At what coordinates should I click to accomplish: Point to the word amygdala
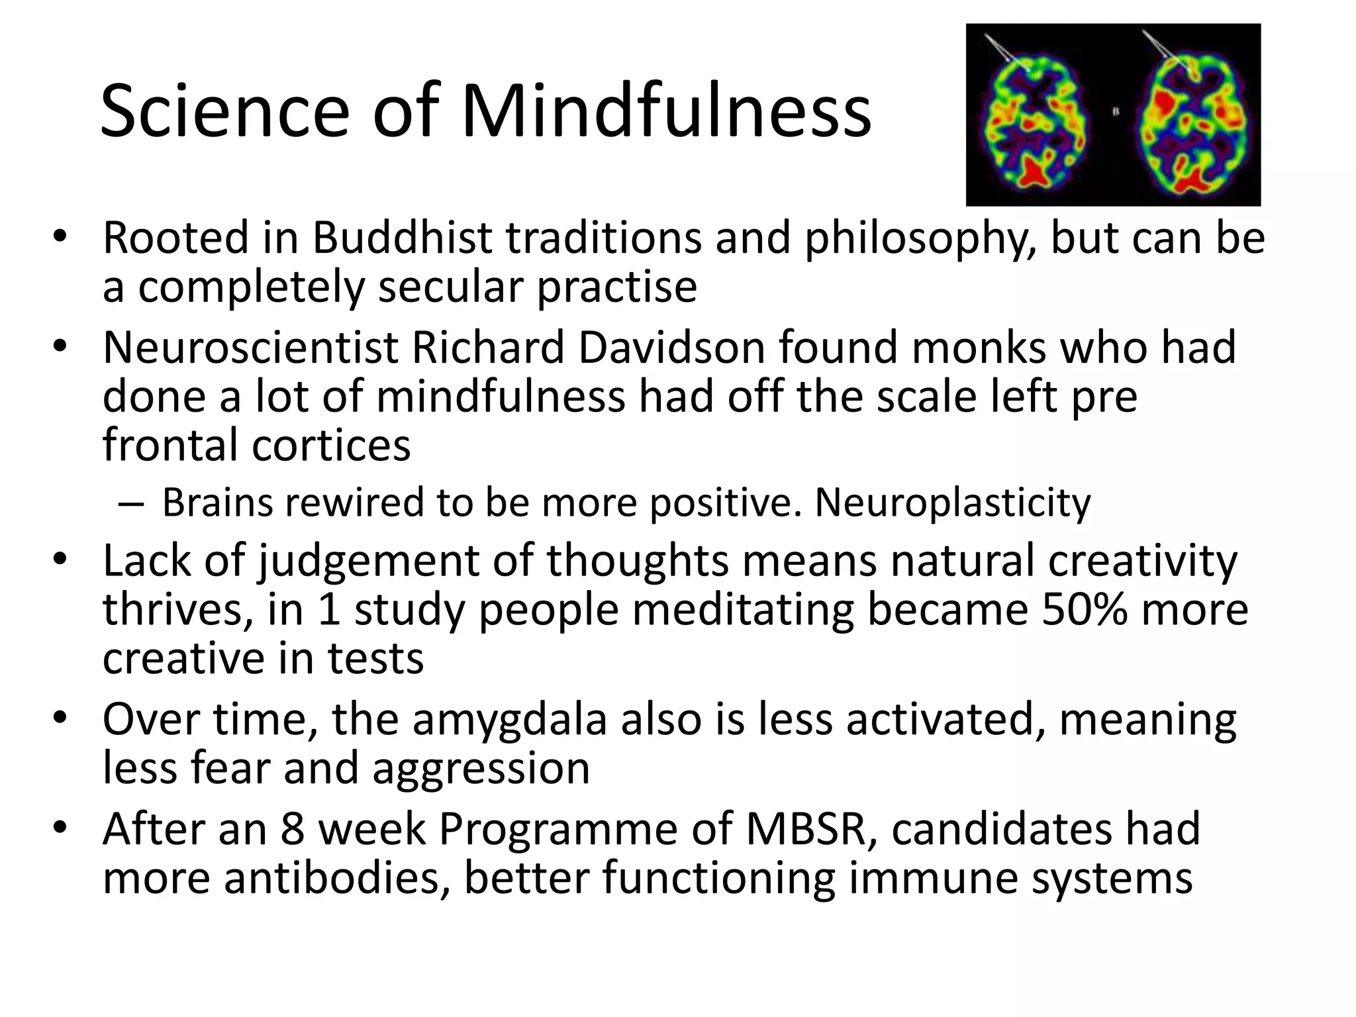(x=509, y=720)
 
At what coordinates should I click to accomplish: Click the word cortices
(x=331, y=444)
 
